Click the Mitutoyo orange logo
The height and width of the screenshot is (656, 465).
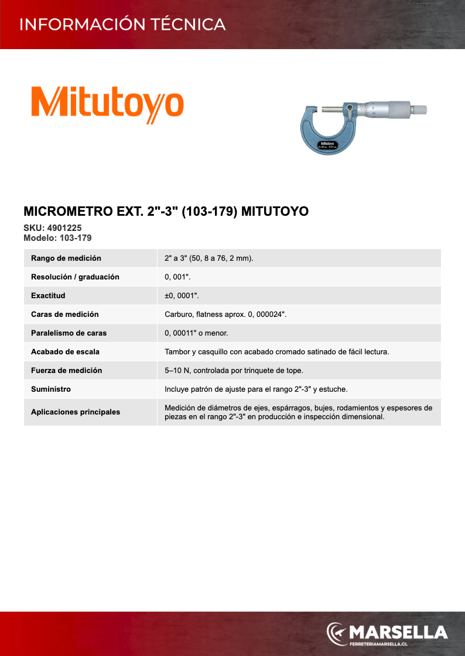[107, 104]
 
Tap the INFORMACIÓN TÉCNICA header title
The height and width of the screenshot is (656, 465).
[122, 25]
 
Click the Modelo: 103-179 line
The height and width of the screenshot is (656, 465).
[57, 238]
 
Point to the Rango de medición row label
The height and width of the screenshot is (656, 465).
[66, 258]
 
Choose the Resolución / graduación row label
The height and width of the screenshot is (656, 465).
[75, 277]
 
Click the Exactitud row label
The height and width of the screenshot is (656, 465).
[48, 295]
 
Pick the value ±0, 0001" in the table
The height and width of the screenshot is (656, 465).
[182, 295]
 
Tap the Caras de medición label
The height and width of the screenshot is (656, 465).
[64, 314]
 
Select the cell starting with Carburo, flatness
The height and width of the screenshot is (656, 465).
[225, 314]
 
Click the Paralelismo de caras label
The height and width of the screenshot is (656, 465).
[69, 333]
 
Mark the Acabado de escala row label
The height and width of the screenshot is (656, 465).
[65, 351]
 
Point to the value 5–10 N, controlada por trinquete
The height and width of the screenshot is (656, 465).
[234, 370]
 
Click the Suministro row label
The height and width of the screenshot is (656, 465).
[51, 389]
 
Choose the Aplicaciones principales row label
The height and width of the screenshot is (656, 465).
[76, 412]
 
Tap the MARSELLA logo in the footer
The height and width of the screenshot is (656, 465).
[387, 633]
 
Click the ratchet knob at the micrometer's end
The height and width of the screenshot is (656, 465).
[420, 110]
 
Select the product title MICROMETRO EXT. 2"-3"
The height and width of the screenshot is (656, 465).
[166, 211]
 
